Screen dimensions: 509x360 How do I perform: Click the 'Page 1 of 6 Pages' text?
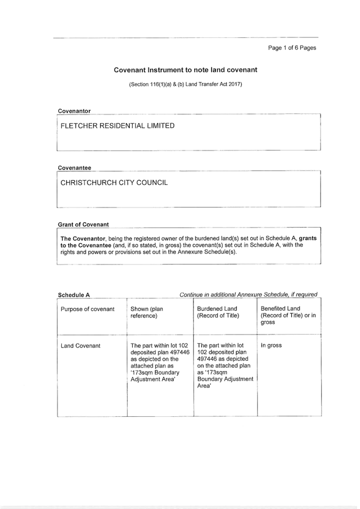[x=292, y=48]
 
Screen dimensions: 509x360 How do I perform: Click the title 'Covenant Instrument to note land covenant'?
[x=186, y=70]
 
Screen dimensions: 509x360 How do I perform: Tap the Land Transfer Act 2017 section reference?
[x=186, y=85]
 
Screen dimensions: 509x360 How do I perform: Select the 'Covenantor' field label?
[x=74, y=111]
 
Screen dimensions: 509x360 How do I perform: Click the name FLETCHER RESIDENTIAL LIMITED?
[x=117, y=126]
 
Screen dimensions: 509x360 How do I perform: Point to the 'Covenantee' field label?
[x=74, y=168]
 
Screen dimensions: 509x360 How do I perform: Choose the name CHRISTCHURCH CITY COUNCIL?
[x=114, y=183]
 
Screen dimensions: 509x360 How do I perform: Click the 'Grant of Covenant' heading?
[x=83, y=224]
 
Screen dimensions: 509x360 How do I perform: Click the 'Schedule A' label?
[x=74, y=295]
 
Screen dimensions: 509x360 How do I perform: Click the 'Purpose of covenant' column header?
[x=87, y=309]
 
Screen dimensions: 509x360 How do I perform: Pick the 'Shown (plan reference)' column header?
[x=147, y=312]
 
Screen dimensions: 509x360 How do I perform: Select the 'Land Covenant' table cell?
[x=81, y=346]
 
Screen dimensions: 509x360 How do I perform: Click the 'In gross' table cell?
[x=271, y=345]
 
